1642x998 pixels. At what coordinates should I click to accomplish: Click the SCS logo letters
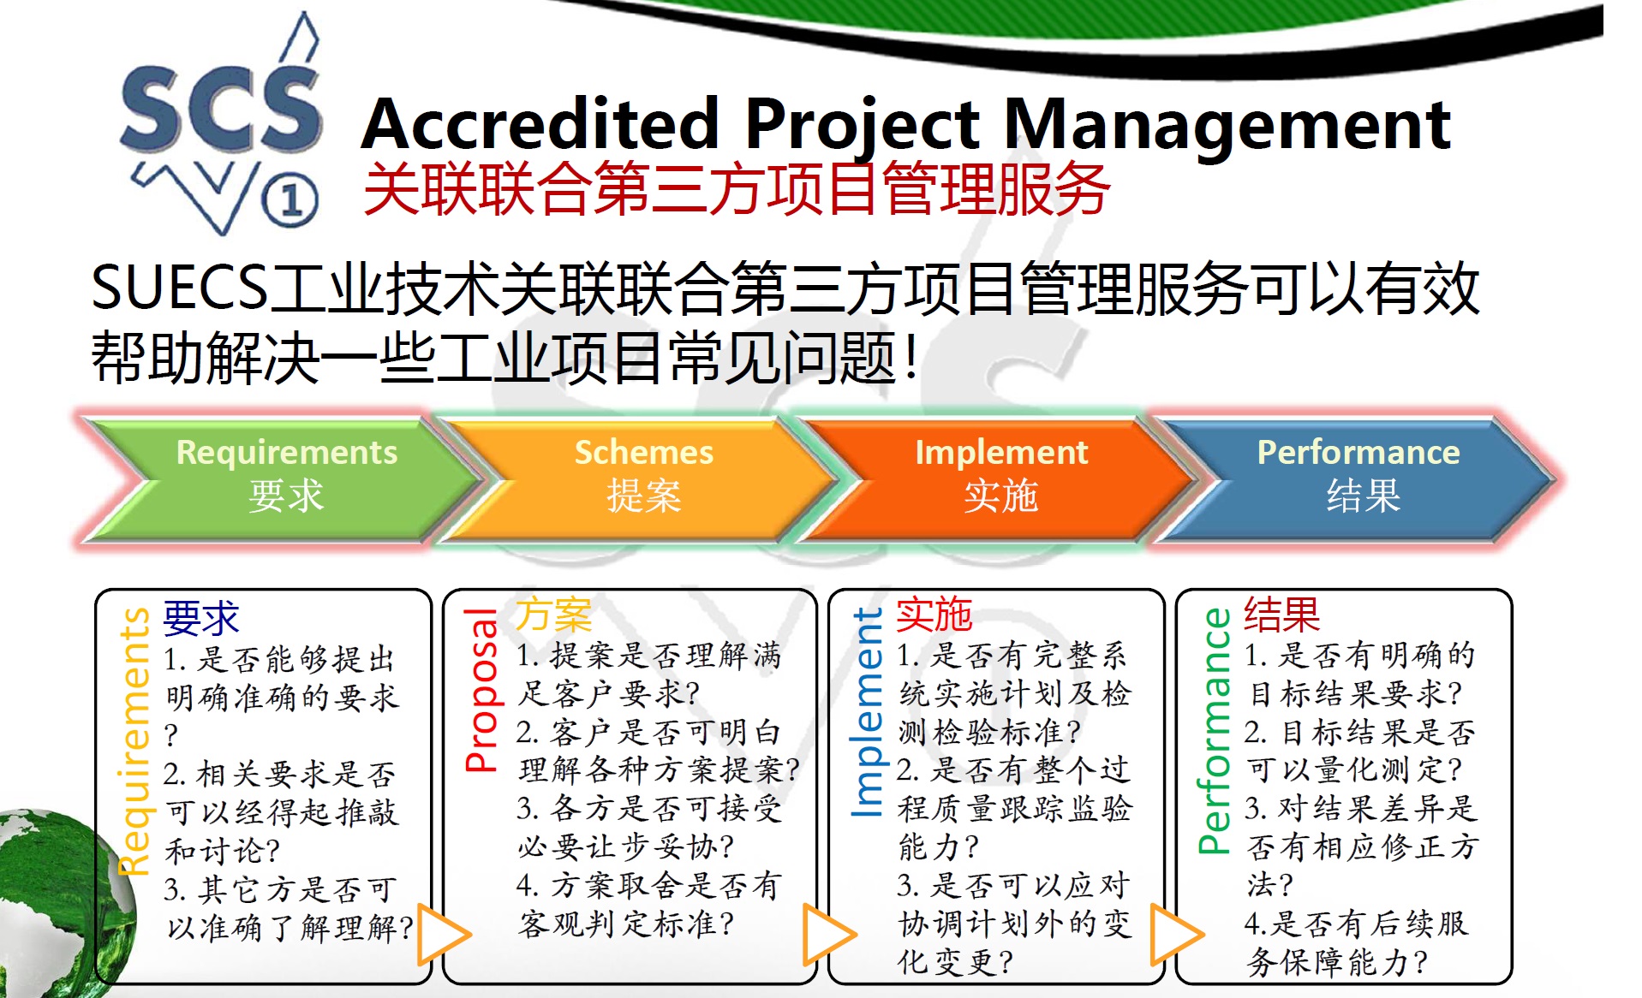click(x=221, y=110)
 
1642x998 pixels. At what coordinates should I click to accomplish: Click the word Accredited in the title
click(x=540, y=124)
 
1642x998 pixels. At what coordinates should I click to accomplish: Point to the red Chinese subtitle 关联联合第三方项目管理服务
click(x=737, y=189)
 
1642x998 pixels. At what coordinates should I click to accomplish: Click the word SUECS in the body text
click(x=179, y=288)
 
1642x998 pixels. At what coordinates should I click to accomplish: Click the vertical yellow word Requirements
click(x=134, y=741)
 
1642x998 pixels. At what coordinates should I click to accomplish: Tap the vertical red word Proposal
click(x=481, y=690)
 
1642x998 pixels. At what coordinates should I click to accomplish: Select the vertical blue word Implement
click(x=867, y=712)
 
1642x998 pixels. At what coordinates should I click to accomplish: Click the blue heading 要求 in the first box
click(x=201, y=618)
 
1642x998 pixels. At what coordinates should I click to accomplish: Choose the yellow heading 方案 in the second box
click(x=553, y=615)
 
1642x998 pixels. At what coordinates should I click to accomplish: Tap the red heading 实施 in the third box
click(x=934, y=615)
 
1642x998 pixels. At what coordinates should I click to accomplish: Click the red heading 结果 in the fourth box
click(x=1282, y=615)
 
